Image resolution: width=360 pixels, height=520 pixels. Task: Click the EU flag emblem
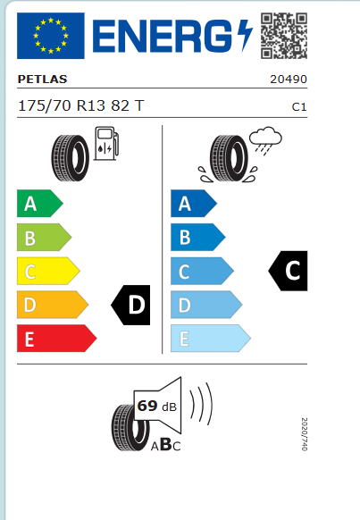(x=50, y=36)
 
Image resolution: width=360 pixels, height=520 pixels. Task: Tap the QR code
(x=284, y=36)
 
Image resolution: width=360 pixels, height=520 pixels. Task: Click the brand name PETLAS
(x=42, y=80)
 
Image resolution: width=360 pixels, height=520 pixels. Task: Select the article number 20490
(x=289, y=80)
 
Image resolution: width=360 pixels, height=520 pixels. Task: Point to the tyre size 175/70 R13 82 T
(x=81, y=105)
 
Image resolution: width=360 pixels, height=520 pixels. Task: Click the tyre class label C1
(x=299, y=107)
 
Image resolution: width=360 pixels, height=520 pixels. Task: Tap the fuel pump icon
(x=106, y=144)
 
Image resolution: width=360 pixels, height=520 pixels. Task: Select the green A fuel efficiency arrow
(x=40, y=204)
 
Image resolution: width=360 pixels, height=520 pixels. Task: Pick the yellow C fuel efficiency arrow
(x=48, y=271)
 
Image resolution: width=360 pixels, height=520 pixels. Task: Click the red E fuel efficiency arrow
(x=56, y=339)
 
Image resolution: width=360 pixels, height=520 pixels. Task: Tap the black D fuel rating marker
(x=130, y=305)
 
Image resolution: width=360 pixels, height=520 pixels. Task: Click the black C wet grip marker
(x=288, y=271)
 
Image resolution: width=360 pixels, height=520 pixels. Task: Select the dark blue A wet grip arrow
(x=194, y=204)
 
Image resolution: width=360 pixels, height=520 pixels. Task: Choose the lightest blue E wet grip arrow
(x=211, y=339)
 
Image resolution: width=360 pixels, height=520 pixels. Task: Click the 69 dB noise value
(x=157, y=407)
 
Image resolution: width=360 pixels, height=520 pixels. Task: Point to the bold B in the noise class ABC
(x=166, y=445)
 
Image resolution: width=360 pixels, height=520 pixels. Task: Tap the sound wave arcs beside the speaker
(x=201, y=404)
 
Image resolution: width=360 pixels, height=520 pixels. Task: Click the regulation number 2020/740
(x=305, y=434)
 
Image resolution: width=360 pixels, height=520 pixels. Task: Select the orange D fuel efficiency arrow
(x=53, y=305)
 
